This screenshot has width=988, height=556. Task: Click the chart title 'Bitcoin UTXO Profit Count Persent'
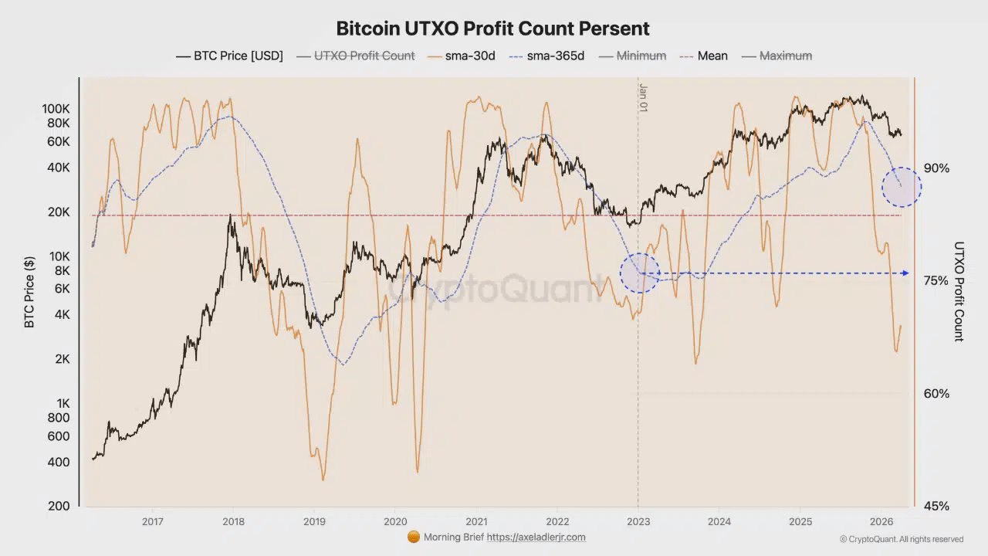[x=492, y=29]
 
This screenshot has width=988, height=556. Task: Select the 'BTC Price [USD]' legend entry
[x=229, y=56]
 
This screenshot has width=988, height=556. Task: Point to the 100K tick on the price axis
[x=56, y=109]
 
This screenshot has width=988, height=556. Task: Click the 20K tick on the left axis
[x=59, y=212]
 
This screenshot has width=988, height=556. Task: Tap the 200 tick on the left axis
[x=60, y=507]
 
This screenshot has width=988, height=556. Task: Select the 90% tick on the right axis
[x=936, y=168]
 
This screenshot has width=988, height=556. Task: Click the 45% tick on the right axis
[x=936, y=507]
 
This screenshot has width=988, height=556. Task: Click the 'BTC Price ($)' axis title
[x=30, y=293]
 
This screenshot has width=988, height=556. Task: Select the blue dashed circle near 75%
[x=640, y=273]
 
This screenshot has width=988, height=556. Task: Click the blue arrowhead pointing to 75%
[x=905, y=273]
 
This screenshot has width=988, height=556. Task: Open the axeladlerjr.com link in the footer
[x=536, y=537]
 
